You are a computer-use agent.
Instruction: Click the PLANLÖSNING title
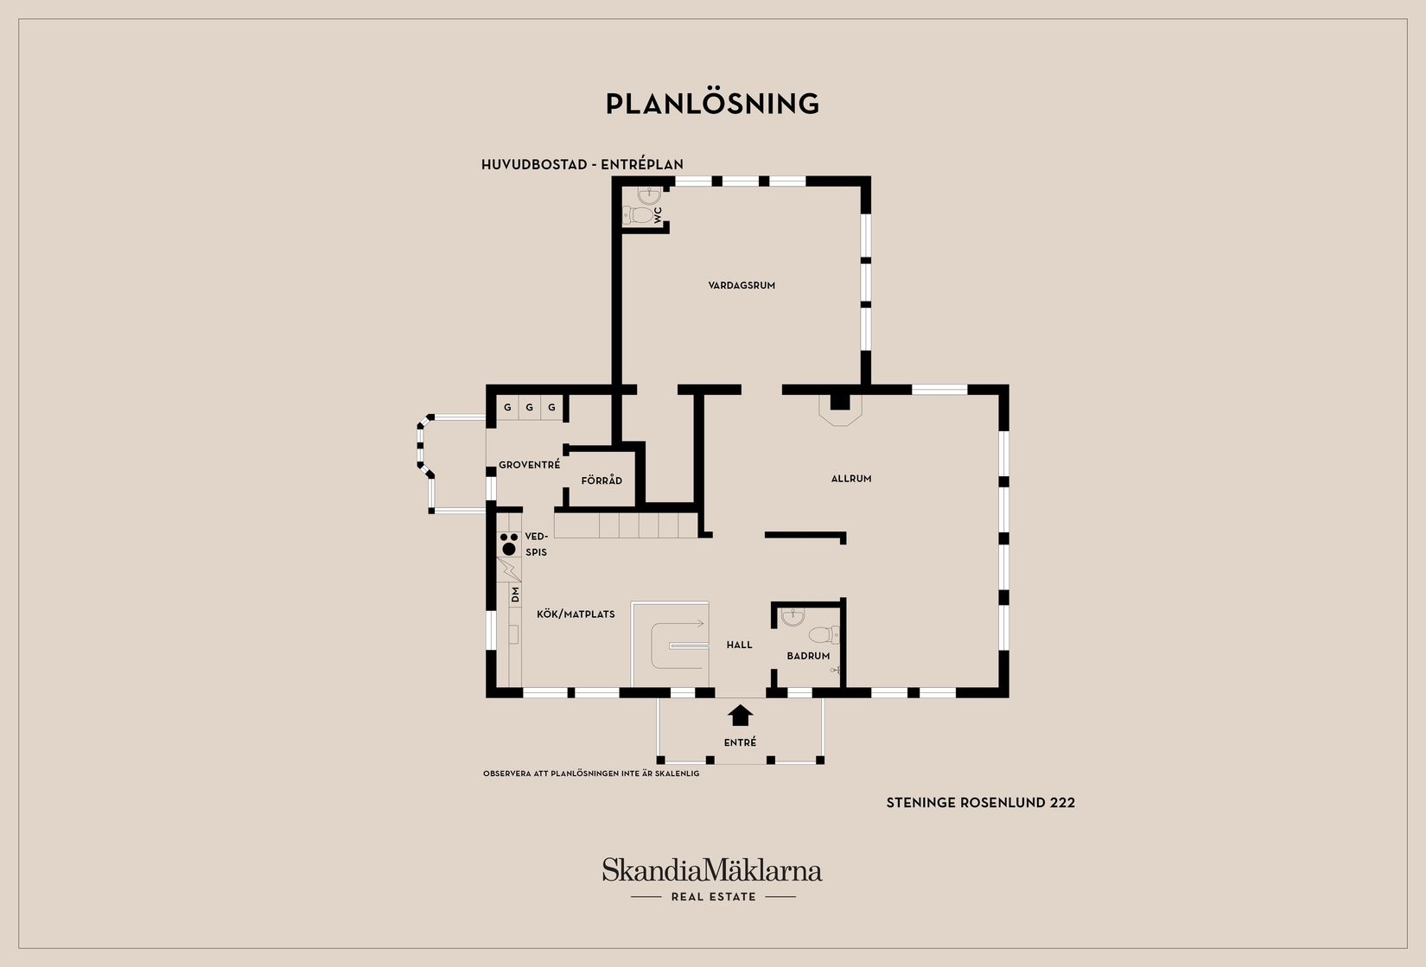[712, 104]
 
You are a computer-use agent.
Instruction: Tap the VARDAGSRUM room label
[742, 285]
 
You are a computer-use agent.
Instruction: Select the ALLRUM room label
[851, 479]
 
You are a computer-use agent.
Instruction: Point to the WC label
[658, 214]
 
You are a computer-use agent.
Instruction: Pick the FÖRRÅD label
[602, 480]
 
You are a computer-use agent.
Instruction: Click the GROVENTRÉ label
[529, 465]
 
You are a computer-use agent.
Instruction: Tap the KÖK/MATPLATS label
[576, 614]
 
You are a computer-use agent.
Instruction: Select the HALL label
[739, 645]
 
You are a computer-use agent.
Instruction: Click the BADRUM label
[808, 656]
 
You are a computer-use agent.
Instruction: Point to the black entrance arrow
[740, 716]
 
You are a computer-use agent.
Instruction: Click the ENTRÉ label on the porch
[740, 742]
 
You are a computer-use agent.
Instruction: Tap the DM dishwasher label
[515, 595]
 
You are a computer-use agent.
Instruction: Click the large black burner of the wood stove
[509, 548]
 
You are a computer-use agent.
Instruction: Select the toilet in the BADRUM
[824, 634]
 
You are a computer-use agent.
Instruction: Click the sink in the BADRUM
[793, 616]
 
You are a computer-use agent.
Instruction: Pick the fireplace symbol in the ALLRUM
[840, 410]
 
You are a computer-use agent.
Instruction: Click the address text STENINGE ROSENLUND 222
[980, 803]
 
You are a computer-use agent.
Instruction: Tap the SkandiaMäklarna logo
[712, 879]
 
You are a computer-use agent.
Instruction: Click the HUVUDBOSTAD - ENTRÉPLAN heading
[582, 164]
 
